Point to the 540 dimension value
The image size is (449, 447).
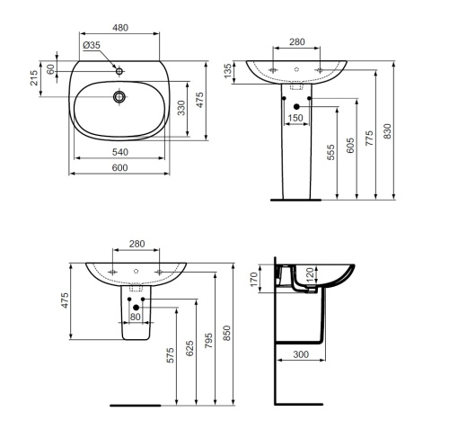tap(119, 152)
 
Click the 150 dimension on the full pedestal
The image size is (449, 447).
tap(295, 118)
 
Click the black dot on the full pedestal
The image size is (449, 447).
tap(295, 106)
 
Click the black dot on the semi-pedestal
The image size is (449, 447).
tap(136, 308)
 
